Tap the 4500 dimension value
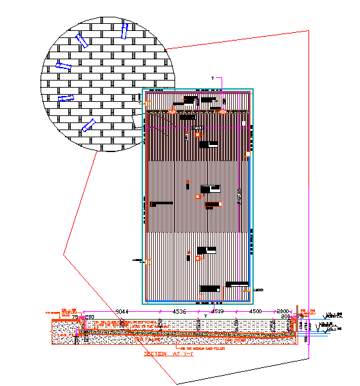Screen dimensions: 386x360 tap(255, 311)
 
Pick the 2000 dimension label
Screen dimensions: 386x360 tap(283, 311)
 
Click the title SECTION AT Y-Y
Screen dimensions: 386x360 tap(169, 354)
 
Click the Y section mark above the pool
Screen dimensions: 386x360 tap(213, 78)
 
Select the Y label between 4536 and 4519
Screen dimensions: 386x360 tap(205, 314)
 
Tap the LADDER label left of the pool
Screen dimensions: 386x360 tap(137, 260)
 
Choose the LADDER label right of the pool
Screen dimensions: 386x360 tap(259, 289)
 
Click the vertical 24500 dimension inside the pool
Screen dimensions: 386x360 tap(240, 193)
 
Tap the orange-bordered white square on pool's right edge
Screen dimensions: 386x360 tap(248, 155)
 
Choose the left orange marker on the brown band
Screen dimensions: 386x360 tap(172, 111)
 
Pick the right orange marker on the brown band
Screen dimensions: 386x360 tap(222, 111)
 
